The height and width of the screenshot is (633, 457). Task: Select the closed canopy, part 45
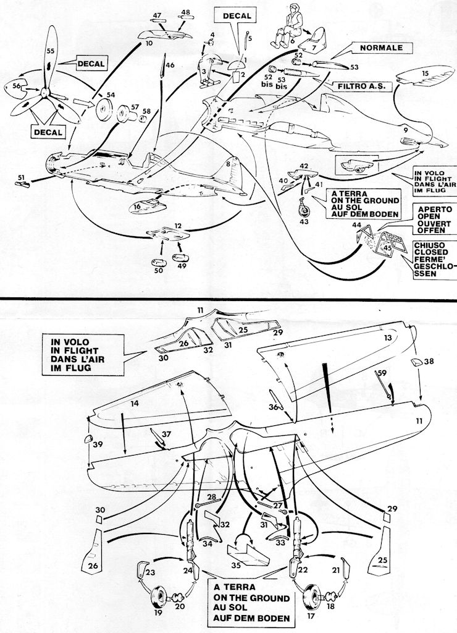pyautogui.click(x=388, y=246)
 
